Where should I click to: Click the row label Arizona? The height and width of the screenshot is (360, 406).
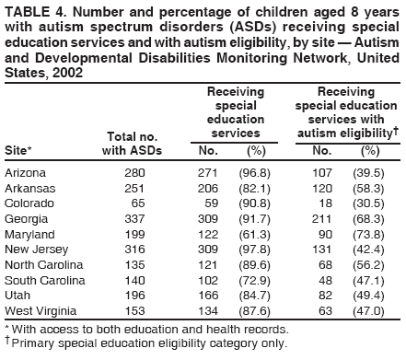click(x=26, y=172)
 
